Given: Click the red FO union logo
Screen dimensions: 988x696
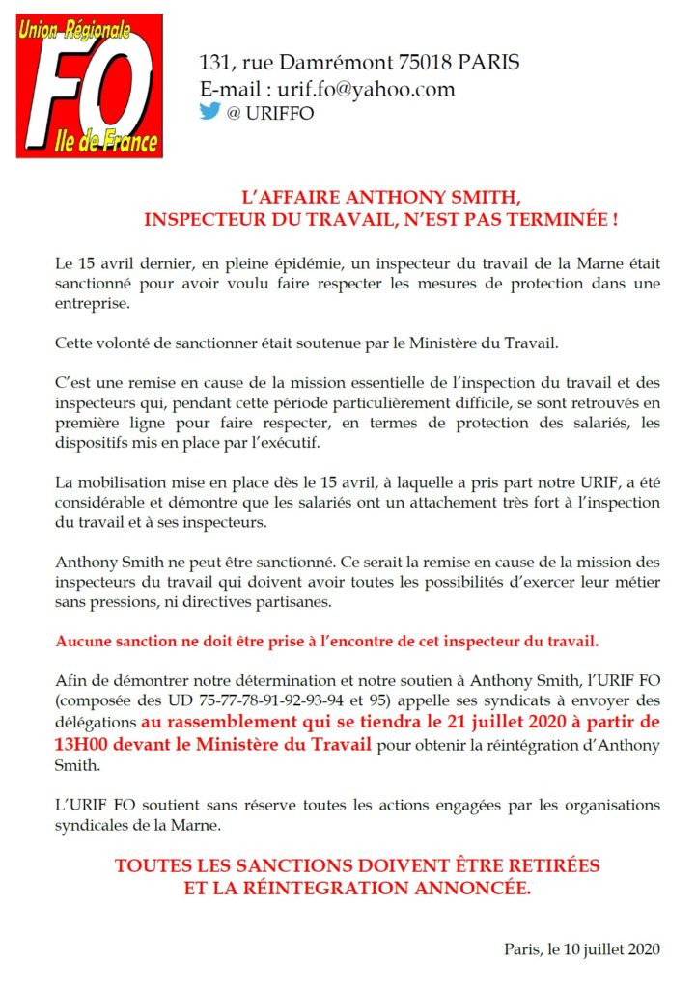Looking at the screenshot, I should [x=90, y=86].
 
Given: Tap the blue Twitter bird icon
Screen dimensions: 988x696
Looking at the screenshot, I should [x=209, y=111].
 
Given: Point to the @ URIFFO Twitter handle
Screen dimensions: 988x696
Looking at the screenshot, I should [x=270, y=113].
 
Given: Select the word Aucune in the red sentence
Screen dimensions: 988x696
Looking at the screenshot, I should [x=82, y=641].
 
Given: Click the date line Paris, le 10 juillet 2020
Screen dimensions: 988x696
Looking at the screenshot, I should [x=581, y=948].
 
